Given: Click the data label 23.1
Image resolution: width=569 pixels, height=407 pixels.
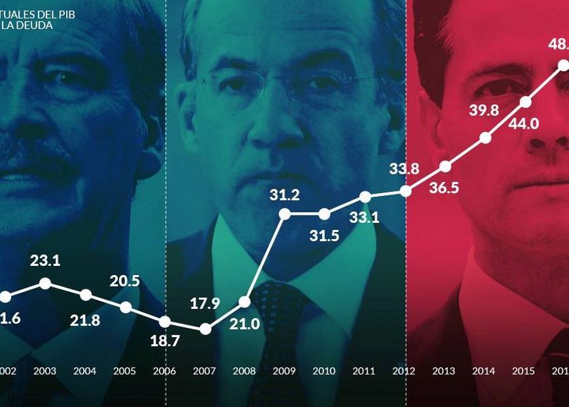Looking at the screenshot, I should (45, 261).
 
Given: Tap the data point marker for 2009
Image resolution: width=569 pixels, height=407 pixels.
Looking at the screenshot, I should (284, 213).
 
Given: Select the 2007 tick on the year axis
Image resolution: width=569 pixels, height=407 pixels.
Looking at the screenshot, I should (205, 371).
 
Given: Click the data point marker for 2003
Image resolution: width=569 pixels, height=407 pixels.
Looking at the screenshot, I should (45, 284).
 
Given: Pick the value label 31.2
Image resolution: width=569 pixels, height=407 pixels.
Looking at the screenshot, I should (284, 195).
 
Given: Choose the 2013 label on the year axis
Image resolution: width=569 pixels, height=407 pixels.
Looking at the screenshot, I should (443, 371).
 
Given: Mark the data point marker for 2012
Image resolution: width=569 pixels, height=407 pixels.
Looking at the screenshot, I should (405, 191).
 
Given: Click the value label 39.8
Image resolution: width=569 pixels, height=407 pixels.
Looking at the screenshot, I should (485, 110).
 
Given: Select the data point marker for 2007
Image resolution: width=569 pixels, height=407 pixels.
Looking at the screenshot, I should (205, 329).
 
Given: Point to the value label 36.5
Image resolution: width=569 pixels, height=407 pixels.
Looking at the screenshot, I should (444, 188).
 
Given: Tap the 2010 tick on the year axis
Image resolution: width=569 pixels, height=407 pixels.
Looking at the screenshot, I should (324, 371).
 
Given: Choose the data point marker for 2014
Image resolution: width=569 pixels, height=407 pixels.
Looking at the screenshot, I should (485, 137).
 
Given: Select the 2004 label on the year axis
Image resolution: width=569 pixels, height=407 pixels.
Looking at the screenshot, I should (85, 371).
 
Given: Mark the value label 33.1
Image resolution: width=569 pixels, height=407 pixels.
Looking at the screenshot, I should (364, 218).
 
